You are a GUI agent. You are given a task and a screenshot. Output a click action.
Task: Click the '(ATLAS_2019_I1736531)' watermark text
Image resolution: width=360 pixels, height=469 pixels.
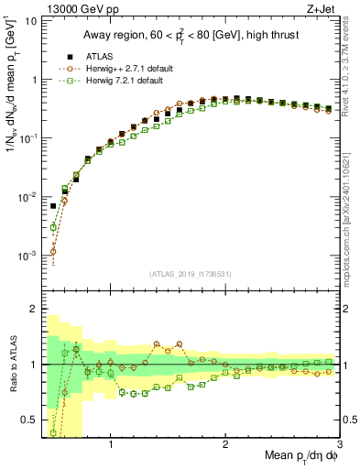pos(190,274)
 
